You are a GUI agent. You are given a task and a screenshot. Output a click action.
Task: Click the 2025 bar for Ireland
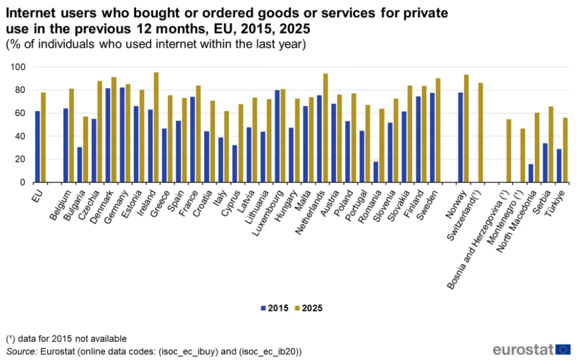click(x=156, y=128)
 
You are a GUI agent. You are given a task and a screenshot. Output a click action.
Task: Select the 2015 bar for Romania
click(x=376, y=172)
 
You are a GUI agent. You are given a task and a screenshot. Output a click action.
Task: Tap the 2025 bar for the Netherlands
click(x=325, y=128)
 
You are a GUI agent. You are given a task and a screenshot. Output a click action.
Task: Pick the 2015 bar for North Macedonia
click(x=531, y=173)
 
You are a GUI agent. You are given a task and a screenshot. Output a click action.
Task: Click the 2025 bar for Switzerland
click(x=481, y=133)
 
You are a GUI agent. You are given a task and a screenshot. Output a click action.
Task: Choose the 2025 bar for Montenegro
click(x=523, y=155)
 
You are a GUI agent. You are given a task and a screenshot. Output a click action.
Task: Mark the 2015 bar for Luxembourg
click(x=278, y=136)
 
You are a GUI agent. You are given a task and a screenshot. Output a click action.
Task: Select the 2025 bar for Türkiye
click(x=565, y=150)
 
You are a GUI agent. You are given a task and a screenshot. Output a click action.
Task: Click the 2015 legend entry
click(x=274, y=308)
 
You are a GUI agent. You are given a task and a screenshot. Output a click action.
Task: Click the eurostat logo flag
click(x=563, y=349)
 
